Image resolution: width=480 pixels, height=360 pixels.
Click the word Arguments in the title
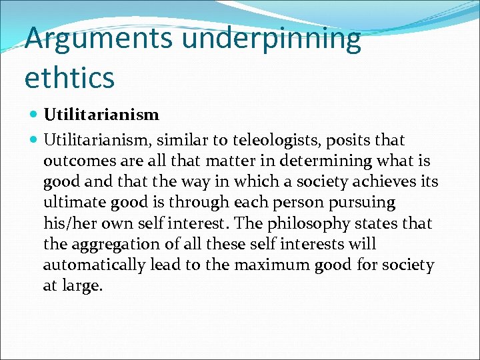[99, 39]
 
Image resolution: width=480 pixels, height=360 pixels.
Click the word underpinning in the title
[271, 39]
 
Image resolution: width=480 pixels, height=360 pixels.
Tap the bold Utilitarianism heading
[101, 115]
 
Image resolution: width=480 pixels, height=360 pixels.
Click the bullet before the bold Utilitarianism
[35, 115]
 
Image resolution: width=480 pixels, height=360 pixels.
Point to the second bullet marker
[35, 141]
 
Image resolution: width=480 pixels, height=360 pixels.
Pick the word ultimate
[70, 203]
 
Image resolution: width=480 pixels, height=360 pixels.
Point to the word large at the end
[85, 287]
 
